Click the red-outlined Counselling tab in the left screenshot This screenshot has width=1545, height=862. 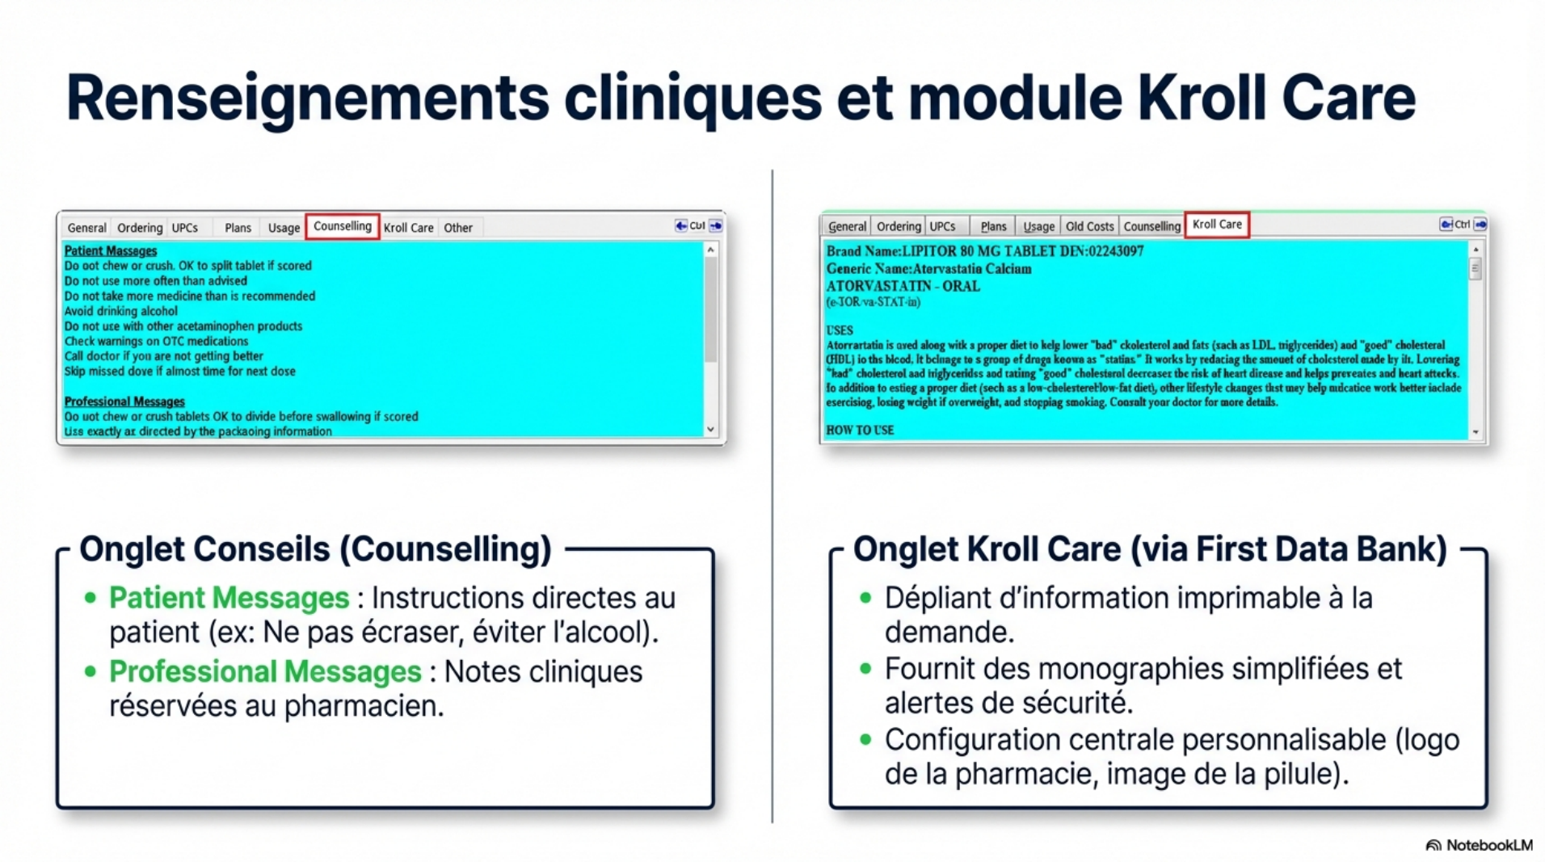pyautogui.click(x=342, y=226)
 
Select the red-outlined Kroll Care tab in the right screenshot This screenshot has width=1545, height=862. pyautogui.click(x=1216, y=225)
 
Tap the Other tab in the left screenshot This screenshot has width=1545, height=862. pyautogui.click(x=457, y=228)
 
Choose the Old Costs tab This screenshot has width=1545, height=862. pyautogui.click(x=1088, y=226)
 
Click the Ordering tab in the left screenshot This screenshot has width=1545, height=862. pyautogui.click(x=139, y=228)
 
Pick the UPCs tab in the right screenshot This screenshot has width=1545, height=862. pyautogui.click(x=941, y=226)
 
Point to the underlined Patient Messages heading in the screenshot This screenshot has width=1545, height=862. pyautogui.click(x=110, y=250)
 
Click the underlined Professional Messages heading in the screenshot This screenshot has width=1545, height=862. pyautogui.click(x=124, y=402)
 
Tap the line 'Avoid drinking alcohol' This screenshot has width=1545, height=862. pyautogui.click(x=120, y=311)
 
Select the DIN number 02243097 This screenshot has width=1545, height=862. pyautogui.click(x=1115, y=251)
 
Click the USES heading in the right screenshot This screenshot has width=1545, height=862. pyautogui.click(x=839, y=330)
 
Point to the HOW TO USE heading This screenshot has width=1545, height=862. pyautogui.click(x=859, y=431)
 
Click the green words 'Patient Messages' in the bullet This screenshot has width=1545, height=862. pyautogui.click(x=229, y=598)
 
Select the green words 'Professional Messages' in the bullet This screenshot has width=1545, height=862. pyautogui.click(x=264, y=671)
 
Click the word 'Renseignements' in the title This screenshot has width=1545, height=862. pyautogui.click(x=307, y=99)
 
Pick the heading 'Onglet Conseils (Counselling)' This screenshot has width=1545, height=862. pyautogui.click(x=315, y=549)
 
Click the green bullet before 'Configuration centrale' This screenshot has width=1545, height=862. pyautogui.click(x=865, y=739)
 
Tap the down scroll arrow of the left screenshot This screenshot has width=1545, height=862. pyautogui.click(x=710, y=429)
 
